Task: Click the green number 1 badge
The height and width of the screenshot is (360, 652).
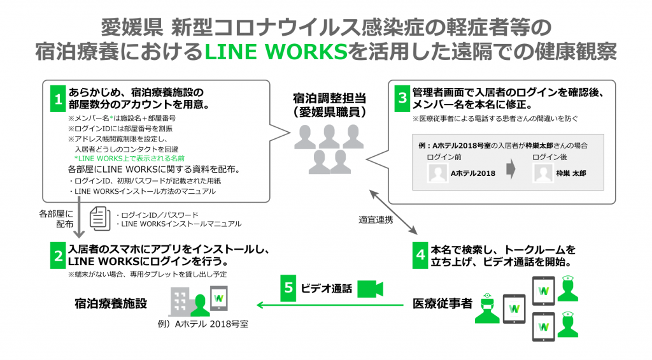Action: [58, 99]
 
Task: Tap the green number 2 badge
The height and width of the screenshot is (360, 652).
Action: [58, 256]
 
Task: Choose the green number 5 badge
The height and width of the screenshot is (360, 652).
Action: [288, 288]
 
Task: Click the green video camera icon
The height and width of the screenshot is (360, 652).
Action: [370, 289]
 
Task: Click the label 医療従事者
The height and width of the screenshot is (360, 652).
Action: [442, 303]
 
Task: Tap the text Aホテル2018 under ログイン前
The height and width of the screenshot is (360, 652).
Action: [473, 172]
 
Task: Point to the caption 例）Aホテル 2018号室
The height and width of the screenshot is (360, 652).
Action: [206, 324]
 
